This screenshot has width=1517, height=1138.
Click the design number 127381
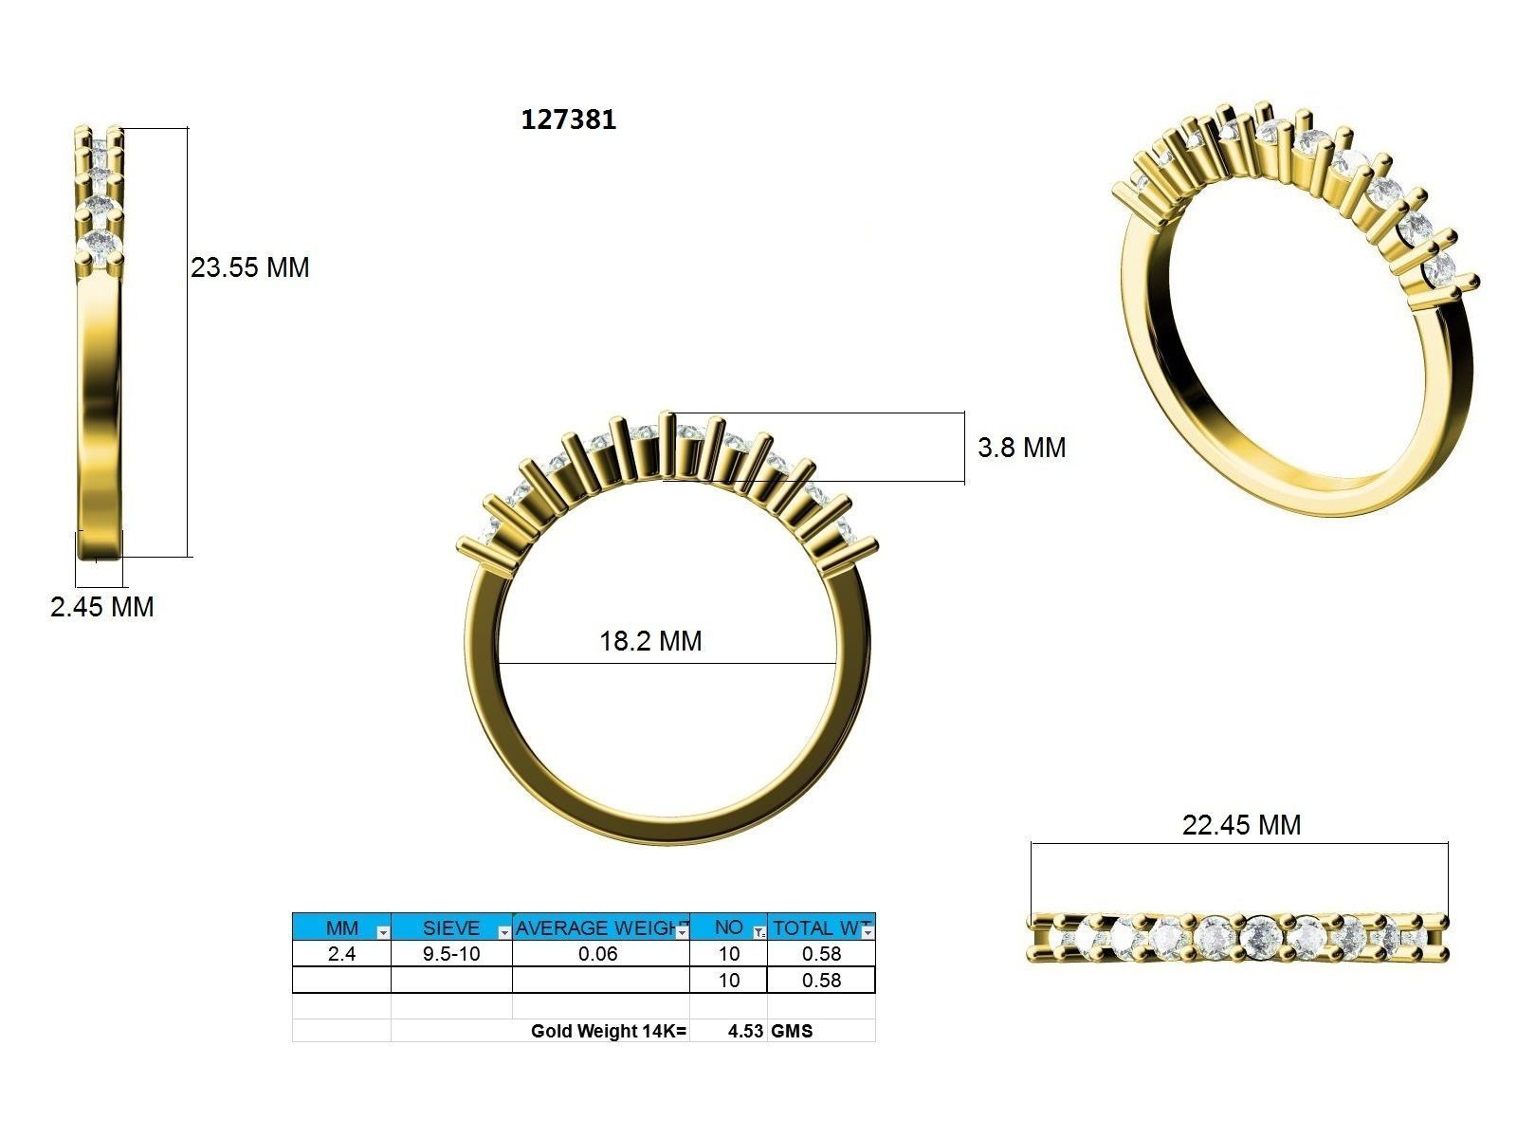point(569,119)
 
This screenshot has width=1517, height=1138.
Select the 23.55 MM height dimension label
point(250,267)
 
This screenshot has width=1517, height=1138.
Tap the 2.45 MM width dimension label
point(102,607)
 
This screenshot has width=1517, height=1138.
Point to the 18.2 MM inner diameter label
point(650,641)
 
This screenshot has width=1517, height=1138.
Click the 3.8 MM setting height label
point(1021,448)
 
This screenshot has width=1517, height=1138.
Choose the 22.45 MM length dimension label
point(1241,825)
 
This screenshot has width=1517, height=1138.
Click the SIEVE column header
point(450,927)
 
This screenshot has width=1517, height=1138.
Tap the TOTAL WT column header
point(815,927)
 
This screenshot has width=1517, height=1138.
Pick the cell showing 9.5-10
point(451,954)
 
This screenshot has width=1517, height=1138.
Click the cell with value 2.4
point(341,954)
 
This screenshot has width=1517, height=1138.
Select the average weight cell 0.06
point(598,954)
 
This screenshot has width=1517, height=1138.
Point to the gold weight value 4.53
point(745,1031)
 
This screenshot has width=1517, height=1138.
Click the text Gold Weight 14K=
point(608,1031)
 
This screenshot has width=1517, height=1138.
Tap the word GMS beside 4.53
point(792,1031)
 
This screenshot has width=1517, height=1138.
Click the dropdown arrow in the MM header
point(382,933)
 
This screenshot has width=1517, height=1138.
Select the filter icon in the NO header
point(758,933)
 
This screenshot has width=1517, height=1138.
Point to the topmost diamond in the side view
point(101,146)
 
